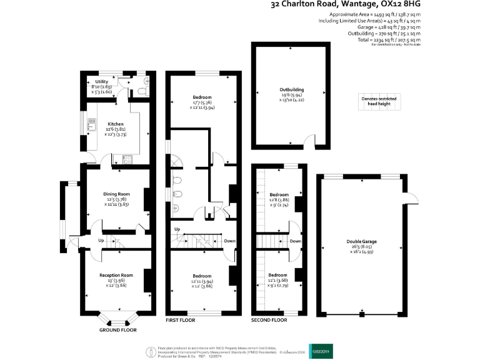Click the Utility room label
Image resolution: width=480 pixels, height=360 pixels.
click(x=101, y=82)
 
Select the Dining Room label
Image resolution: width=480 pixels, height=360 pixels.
click(x=116, y=194)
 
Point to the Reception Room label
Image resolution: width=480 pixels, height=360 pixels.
click(x=116, y=275)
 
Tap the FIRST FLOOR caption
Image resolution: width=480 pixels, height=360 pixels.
click(x=180, y=320)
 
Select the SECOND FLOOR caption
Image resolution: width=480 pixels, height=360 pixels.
click(x=269, y=320)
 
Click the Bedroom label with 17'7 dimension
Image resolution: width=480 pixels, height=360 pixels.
click(x=202, y=97)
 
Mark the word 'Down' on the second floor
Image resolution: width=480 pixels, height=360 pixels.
click(x=296, y=241)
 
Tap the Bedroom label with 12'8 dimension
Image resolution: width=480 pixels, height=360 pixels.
click(x=277, y=194)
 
